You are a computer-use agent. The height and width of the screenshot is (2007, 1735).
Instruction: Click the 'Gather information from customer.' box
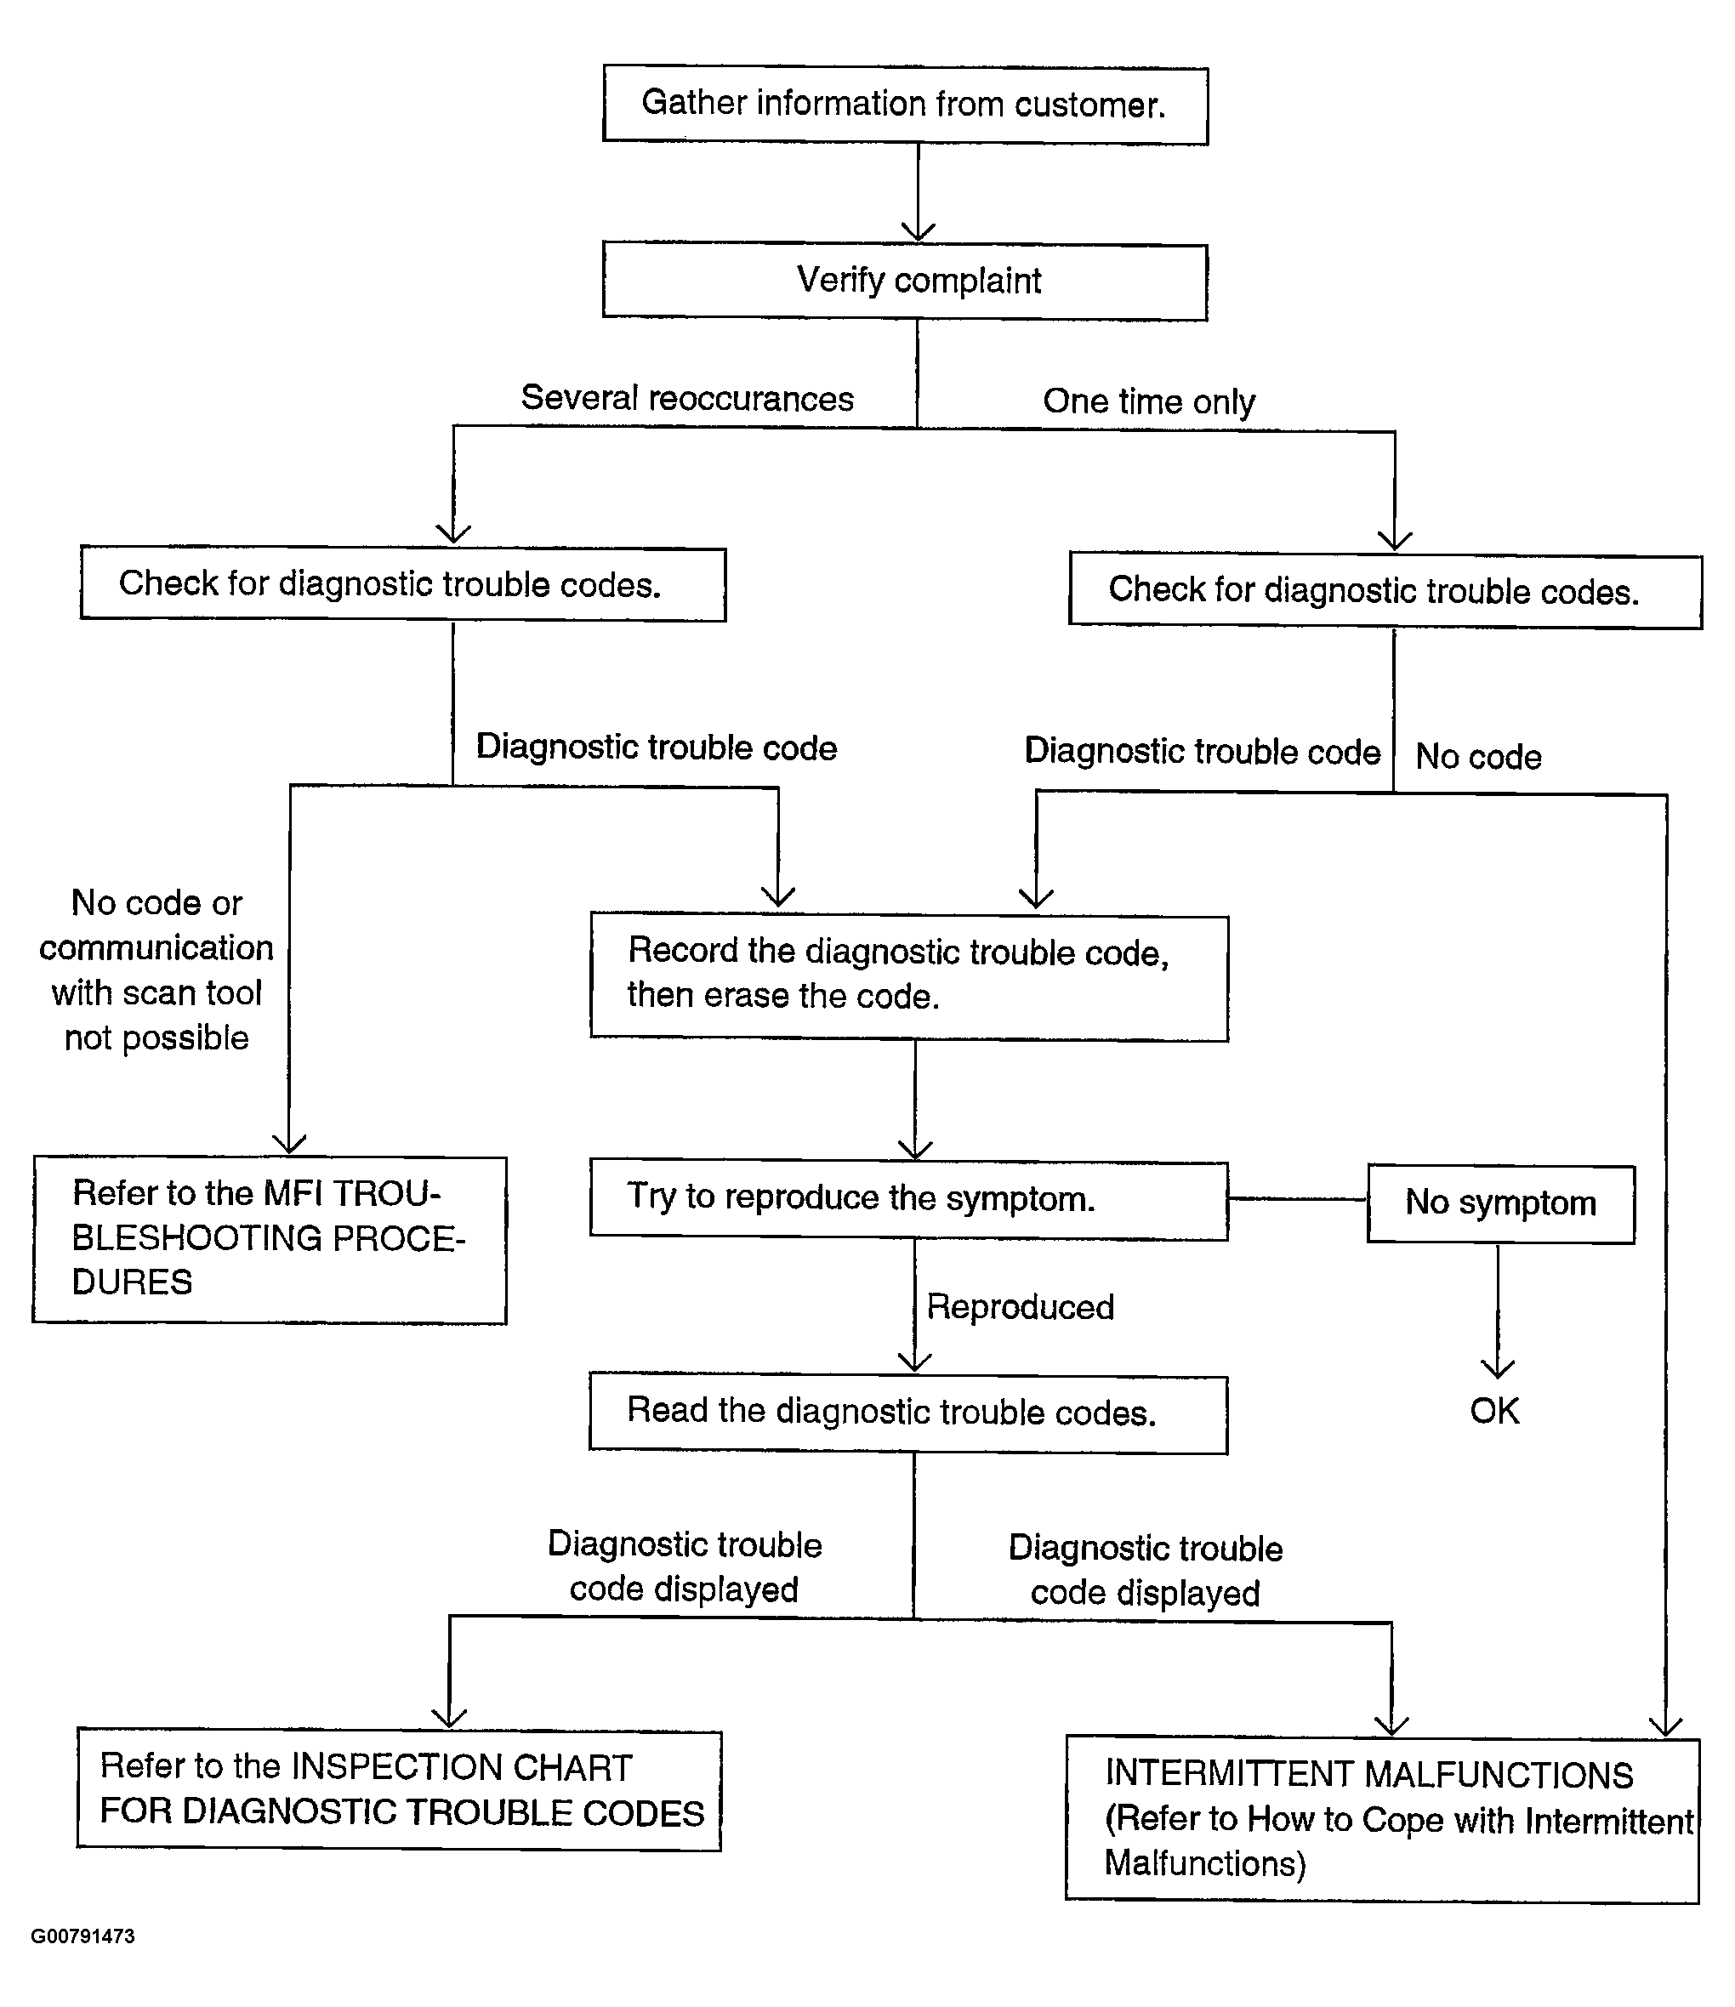[905, 105]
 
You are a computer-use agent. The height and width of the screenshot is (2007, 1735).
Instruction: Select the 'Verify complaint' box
[905, 281]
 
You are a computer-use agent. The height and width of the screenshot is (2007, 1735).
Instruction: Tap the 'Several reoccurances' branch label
[687, 398]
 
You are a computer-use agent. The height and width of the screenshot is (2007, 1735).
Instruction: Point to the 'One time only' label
[1149, 401]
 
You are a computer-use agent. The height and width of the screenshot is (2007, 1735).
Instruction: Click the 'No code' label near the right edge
[1478, 757]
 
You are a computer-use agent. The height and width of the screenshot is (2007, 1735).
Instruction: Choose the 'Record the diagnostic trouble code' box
[908, 976]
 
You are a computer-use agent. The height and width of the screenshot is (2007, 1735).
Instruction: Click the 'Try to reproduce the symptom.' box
[908, 1199]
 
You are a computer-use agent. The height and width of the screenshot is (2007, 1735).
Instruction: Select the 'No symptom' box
[1500, 1203]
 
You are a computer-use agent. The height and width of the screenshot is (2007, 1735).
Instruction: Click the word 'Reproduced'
[1020, 1308]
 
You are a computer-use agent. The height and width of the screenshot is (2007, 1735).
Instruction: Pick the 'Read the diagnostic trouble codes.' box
[907, 1413]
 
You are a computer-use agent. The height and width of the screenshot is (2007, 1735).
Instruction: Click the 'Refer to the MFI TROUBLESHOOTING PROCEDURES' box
[270, 1239]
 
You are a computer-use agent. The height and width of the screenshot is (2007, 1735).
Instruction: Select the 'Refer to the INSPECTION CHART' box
[399, 1790]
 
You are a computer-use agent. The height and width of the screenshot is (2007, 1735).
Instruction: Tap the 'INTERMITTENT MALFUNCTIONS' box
[1382, 1819]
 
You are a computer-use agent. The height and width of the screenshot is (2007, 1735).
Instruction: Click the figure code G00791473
[83, 1936]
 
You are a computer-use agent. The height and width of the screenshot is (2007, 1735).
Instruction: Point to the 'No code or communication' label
[156, 969]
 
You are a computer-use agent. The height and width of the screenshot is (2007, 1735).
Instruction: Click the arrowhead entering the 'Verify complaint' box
[918, 233]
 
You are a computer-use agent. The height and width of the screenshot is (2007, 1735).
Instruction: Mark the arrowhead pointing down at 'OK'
[1498, 1367]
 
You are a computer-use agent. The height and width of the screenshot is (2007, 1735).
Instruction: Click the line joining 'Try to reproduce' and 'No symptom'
[1297, 1199]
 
